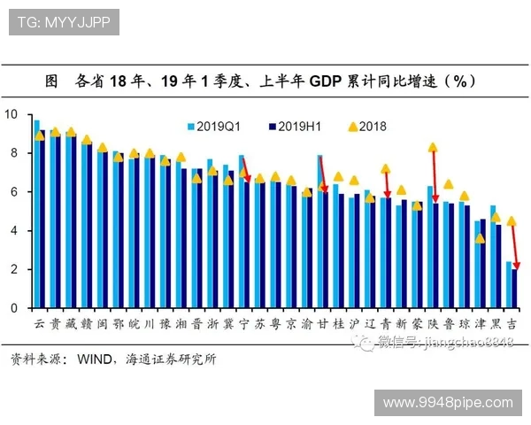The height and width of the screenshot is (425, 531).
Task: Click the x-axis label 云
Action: click(x=39, y=324)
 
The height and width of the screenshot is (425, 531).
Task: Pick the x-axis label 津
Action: click(x=480, y=324)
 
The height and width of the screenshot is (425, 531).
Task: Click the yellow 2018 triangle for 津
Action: click(x=480, y=238)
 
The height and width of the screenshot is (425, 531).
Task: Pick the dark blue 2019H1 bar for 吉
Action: click(x=514, y=289)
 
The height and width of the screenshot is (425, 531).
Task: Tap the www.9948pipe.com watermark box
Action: click(x=447, y=402)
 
